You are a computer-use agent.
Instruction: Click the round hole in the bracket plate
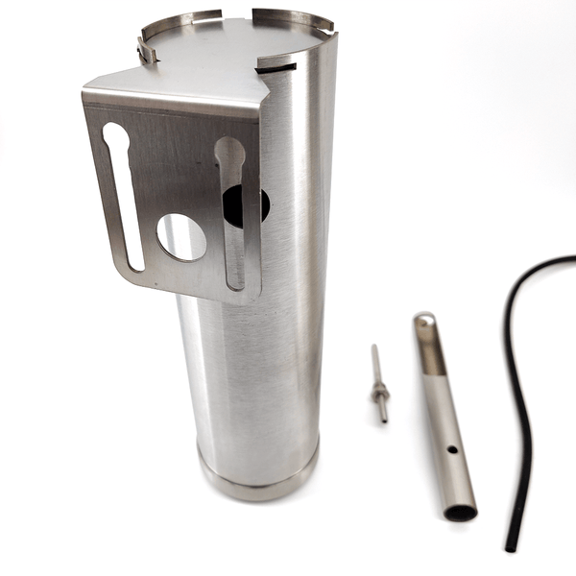tap(181, 237)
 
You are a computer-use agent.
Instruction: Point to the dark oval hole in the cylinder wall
tap(252, 204)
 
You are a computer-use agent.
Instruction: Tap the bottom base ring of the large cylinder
tap(257, 477)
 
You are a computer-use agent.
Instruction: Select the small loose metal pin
tap(379, 384)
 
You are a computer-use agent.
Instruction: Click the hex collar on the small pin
tap(381, 390)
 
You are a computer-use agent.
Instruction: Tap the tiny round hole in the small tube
tap(450, 448)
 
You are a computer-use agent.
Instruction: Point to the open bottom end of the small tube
tap(461, 511)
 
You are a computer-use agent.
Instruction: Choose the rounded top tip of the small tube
tap(423, 317)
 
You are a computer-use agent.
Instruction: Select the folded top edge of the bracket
tap(173, 96)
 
